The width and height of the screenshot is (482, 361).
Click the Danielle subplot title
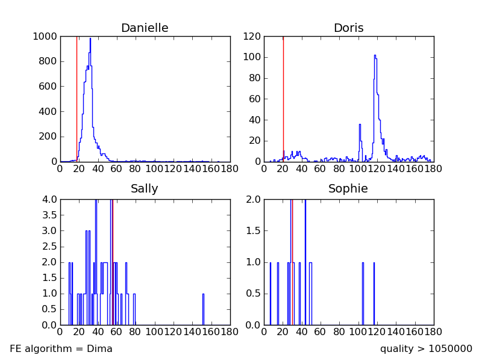point(145,28)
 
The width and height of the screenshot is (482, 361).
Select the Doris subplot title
point(348,28)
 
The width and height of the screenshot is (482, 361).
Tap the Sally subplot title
point(145,189)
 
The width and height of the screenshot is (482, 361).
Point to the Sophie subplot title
point(348,189)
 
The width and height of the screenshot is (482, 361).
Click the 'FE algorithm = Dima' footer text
point(61,349)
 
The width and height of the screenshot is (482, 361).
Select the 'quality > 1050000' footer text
point(426,349)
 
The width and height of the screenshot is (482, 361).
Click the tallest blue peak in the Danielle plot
point(90,40)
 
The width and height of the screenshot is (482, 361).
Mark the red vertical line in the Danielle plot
point(77,96)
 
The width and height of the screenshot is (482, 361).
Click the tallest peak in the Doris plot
point(375,56)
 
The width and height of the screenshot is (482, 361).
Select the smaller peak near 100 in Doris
point(360,125)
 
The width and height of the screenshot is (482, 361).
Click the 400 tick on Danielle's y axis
point(48,111)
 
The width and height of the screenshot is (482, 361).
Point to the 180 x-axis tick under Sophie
point(433,332)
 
